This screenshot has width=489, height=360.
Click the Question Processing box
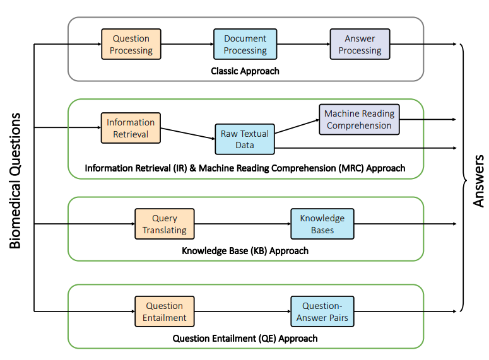(x=131, y=44)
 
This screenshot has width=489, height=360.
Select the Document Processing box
(x=245, y=44)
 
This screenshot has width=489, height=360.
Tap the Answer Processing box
(x=360, y=44)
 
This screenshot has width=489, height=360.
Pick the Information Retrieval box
(x=131, y=128)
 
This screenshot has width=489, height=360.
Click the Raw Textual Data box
(x=245, y=139)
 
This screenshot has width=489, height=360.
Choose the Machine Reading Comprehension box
(x=359, y=119)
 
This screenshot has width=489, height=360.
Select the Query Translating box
(x=165, y=224)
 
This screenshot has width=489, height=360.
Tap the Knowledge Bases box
(x=322, y=224)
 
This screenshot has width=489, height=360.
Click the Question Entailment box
(x=165, y=311)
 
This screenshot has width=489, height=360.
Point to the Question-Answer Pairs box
(x=322, y=311)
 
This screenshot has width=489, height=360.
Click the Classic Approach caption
(x=245, y=71)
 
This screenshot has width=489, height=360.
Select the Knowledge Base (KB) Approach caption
(x=245, y=250)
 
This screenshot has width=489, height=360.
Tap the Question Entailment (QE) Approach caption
(x=245, y=338)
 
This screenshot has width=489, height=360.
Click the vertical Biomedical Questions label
(x=15, y=180)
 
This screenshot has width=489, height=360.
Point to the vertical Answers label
(x=478, y=181)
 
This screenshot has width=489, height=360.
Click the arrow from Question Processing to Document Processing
(x=187, y=44)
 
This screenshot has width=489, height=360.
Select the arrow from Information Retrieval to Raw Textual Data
(x=188, y=134)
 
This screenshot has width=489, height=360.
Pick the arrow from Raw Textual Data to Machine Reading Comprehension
(x=297, y=127)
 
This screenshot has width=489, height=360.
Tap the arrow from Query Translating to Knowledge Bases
(x=243, y=224)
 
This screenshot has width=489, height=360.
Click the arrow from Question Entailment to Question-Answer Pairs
(x=243, y=311)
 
